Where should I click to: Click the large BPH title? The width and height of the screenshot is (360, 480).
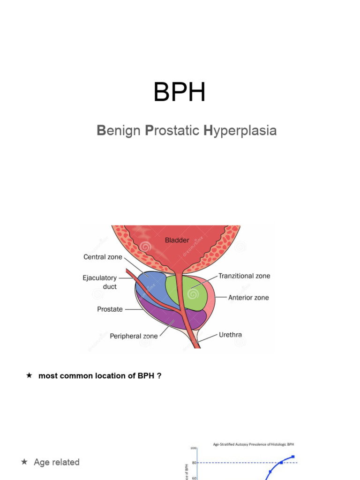180,92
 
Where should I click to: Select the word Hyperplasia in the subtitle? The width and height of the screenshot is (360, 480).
240,131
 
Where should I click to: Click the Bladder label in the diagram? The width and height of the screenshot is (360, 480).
177,240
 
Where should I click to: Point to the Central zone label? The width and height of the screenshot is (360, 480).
103,257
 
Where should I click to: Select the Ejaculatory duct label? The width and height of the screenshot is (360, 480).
100,282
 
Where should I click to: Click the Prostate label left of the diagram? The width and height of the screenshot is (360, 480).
110,309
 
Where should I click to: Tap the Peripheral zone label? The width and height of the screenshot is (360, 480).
134,336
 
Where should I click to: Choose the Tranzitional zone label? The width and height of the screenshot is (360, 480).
244,276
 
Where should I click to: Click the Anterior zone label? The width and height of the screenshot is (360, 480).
248,298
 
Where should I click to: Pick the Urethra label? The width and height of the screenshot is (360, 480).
231,335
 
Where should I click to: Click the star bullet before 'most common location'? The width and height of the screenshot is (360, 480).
30,375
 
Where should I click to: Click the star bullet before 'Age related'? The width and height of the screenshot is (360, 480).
24,462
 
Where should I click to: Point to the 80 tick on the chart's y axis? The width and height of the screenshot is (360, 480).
194,463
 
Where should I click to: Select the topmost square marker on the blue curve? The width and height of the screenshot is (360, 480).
293,457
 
